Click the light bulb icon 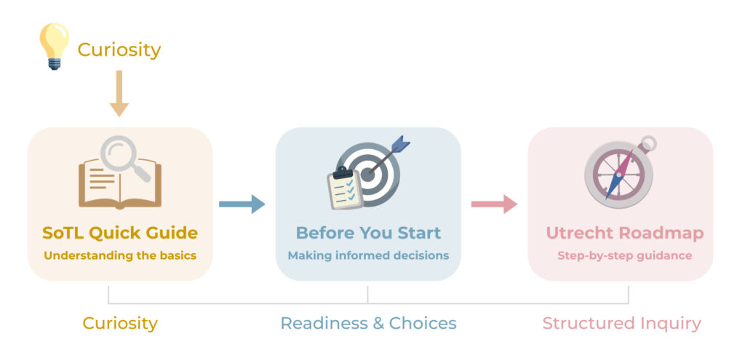[x=54, y=46]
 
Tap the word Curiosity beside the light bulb [x=119, y=50]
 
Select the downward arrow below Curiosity [x=119, y=94]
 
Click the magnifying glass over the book [x=124, y=157]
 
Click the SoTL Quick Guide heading [x=120, y=233]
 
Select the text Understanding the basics [x=120, y=255]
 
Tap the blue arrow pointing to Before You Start [x=242, y=204]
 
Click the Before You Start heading [x=368, y=233]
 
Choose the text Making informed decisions [x=368, y=255]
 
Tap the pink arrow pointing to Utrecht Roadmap [x=494, y=204]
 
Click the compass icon [x=620, y=173]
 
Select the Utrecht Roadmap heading [x=625, y=233]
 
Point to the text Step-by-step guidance [x=625, y=255]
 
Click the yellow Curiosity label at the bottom [x=120, y=323]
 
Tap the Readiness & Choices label [x=368, y=323]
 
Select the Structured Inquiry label [x=622, y=323]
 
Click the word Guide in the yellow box [x=171, y=233]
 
